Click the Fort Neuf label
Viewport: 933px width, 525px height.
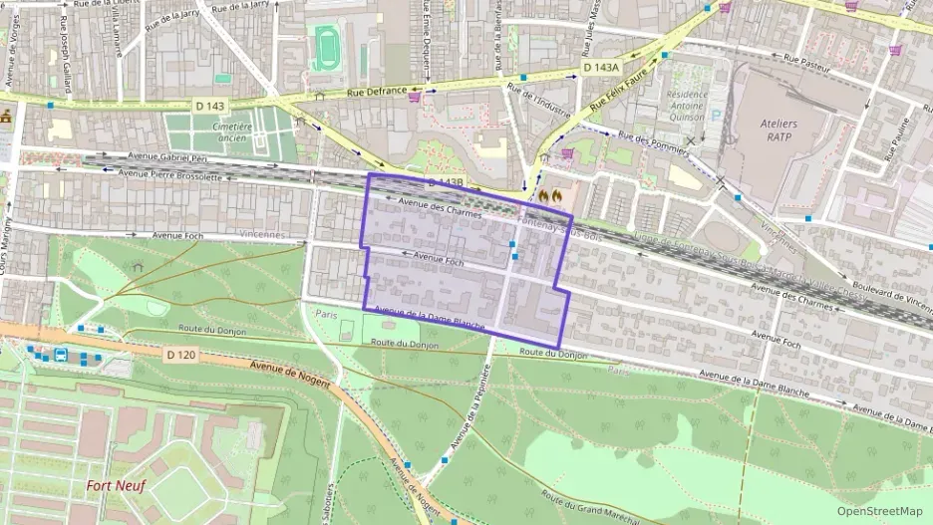pos(116,486)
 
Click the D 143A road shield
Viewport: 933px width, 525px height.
pos(600,67)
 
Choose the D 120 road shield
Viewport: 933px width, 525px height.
pos(181,354)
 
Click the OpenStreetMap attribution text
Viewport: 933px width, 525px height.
pos(880,511)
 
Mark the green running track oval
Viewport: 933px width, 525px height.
pos(326,47)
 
